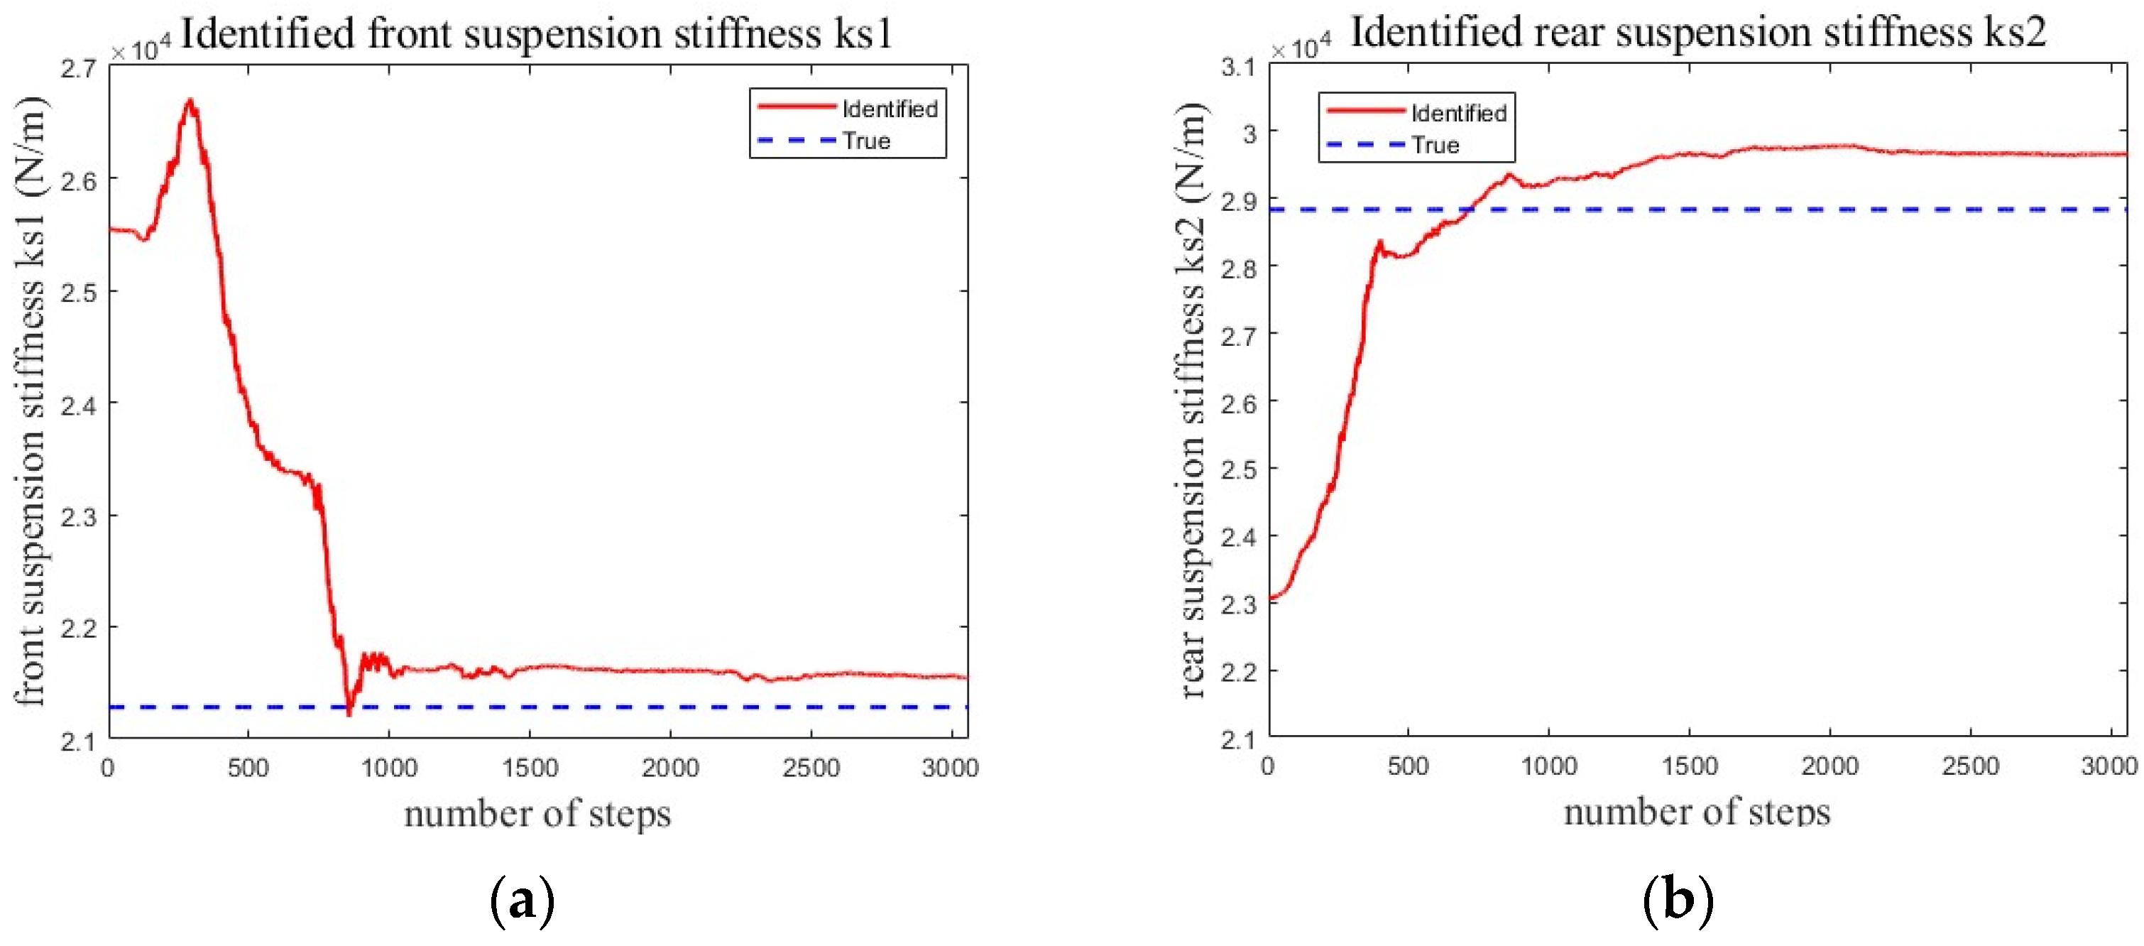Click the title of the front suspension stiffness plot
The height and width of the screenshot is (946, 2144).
pos(536,34)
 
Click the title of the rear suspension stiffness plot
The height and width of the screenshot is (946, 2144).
pos(1698,33)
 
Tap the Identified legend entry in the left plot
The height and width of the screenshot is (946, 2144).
pos(888,109)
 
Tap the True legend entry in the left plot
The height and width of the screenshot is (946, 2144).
pos(865,141)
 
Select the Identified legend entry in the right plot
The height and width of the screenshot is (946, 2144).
pos(1457,113)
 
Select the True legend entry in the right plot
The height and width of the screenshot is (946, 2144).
pos(1435,146)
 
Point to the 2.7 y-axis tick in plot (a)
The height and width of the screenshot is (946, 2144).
pos(78,69)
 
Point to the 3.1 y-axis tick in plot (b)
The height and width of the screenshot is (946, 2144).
pos(1238,67)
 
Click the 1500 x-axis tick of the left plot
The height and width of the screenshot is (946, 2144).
pos(530,767)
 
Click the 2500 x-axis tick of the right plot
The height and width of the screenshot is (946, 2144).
pos(1969,766)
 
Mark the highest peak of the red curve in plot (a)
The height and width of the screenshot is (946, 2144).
pos(190,102)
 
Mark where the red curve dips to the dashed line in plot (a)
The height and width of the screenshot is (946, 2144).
pos(349,711)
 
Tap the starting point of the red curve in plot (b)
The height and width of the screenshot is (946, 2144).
pos(1271,598)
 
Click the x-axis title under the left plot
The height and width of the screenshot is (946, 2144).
pos(537,814)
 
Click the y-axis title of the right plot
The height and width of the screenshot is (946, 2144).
pos(1192,400)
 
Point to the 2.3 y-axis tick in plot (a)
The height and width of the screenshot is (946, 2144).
pos(78,517)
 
